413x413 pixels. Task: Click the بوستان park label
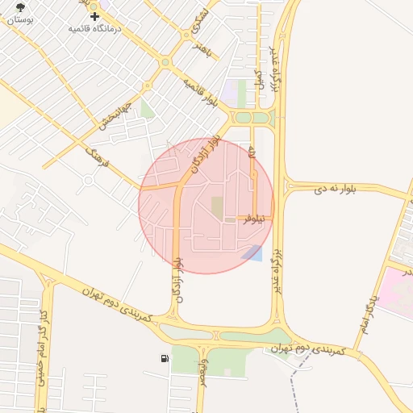pos(21,19)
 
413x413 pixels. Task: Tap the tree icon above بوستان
pos(21,6)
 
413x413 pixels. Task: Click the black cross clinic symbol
pos(95,15)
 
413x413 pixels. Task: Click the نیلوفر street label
pos(254,218)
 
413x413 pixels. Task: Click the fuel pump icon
pos(165,357)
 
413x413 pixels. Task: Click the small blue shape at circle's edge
pos(252,252)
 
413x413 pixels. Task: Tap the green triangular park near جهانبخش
pos(147,109)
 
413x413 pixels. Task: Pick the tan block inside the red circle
pos(218,206)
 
